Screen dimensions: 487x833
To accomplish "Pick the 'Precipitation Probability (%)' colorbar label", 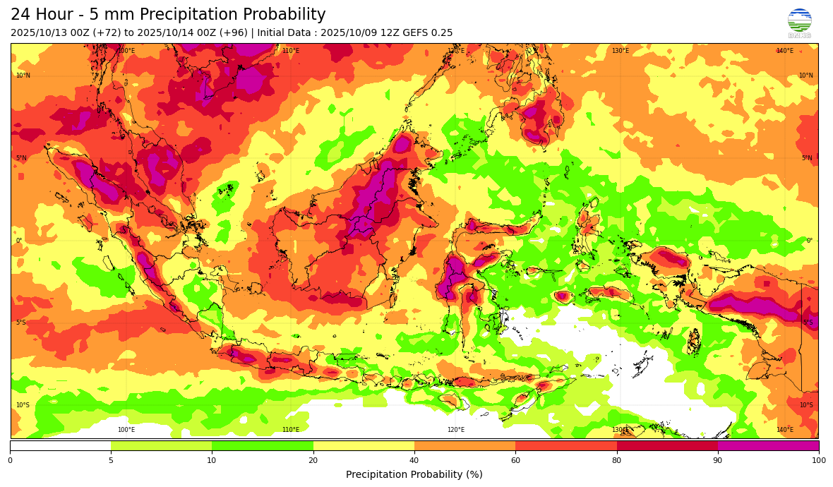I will pyautogui.click(x=414, y=474).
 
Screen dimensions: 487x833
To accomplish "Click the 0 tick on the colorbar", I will pyautogui.click(x=10, y=460).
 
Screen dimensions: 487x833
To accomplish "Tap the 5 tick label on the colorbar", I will pyautogui.click(x=111, y=460).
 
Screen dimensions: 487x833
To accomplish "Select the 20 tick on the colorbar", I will pyautogui.click(x=313, y=460).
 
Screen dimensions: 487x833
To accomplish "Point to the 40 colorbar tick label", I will pyautogui.click(x=414, y=460).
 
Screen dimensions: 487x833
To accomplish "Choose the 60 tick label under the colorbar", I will pyautogui.click(x=515, y=460).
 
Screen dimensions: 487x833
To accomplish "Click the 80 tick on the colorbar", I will pyautogui.click(x=617, y=460).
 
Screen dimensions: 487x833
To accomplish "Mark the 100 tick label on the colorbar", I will pyautogui.click(x=818, y=460).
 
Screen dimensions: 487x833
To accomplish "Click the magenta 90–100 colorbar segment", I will pyautogui.click(x=768, y=445).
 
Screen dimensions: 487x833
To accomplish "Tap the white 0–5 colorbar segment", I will pyautogui.click(x=60, y=445).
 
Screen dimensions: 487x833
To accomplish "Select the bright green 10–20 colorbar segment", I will pyautogui.click(x=262, y=445).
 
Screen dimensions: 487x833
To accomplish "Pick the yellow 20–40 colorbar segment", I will pyautogui.click(x=364, y=445).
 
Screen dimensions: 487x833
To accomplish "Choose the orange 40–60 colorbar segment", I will pyautogui.click(x=465, y=445).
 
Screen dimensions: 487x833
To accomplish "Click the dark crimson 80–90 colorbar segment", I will pyautogui.click(x=667, y=445).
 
